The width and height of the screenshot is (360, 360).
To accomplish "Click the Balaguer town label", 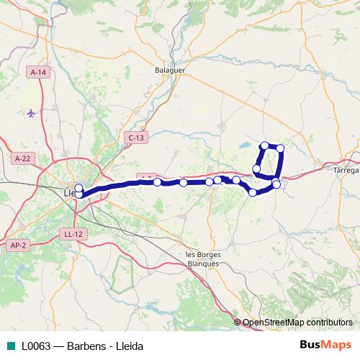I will (170, 71).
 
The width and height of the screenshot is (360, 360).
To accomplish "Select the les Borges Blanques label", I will (203, 258).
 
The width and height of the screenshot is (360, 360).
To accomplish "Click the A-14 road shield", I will (38, 73).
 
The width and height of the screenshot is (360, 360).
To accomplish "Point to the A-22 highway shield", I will (23, 158).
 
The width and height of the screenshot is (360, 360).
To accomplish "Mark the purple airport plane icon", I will (30, 113).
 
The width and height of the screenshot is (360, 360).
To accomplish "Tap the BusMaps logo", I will (325, 345).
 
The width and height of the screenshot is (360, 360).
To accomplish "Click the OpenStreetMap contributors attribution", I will (297, 323).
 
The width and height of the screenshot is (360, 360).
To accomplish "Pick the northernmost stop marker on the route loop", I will (265, 145).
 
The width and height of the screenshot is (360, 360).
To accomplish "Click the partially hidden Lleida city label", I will (69, 193).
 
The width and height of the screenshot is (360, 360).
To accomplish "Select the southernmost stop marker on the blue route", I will (253, 192).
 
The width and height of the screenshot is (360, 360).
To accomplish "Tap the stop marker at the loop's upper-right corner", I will (280, 148).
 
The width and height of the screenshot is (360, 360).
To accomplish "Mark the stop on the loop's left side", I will (256, 169).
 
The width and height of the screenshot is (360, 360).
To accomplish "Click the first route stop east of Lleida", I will (157, 183).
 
